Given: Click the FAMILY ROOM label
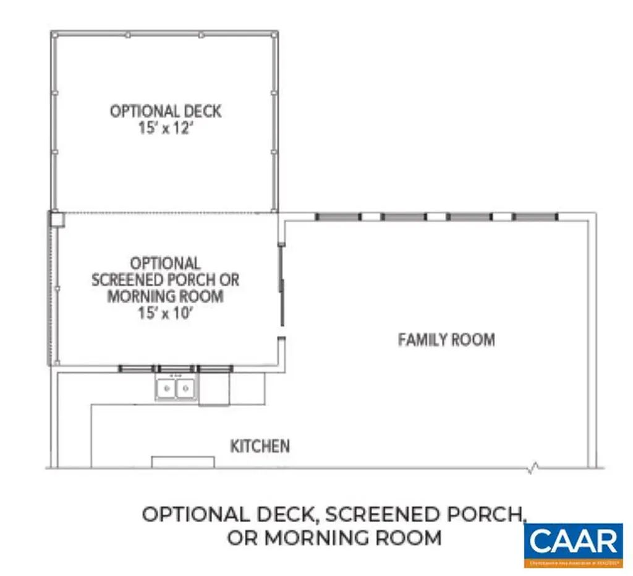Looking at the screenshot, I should click(x=446, y=340).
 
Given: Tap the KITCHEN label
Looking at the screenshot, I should click(x=260, y=445).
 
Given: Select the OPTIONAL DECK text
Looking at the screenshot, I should click(x=165, y=111).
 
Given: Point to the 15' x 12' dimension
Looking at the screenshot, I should click(x=165, y=131).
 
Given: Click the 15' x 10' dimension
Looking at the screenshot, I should click(x=165, y=312).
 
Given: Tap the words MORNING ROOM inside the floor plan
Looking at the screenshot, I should click(x=165, y=296).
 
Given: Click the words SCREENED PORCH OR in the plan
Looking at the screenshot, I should click(x=165, y=280).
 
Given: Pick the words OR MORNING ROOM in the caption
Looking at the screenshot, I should click(x=334, y=538).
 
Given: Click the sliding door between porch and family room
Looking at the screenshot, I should click(x=281, y=285).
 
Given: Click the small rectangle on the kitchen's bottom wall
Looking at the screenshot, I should click(x=183, y=462).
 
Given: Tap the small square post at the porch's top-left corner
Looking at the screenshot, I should click(x=57, y=219).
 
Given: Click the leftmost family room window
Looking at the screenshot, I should click(x=338, y=217).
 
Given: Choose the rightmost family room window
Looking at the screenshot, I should click(x=535, y=217).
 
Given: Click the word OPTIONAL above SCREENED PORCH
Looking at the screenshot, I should click(x=165, y=264).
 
